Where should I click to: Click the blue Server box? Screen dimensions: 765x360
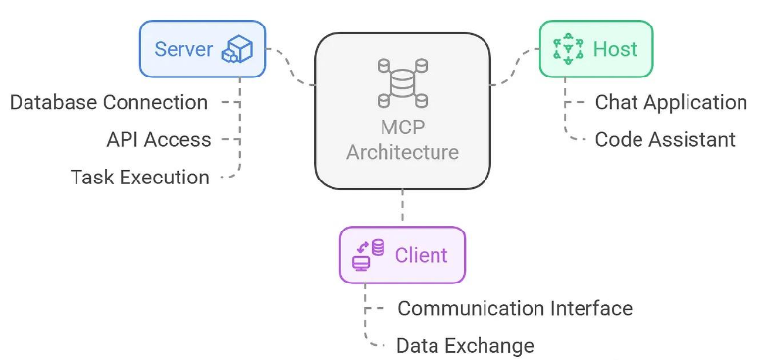point(202,49)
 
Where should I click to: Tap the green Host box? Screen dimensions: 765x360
point(595,49)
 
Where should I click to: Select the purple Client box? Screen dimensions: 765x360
point(402,255)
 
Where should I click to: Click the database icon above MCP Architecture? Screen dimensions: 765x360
point(402,83)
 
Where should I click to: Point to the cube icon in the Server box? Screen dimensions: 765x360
point(237,49)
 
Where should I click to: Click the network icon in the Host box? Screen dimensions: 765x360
point(569,49)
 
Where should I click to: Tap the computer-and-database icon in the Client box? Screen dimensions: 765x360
point(369,255)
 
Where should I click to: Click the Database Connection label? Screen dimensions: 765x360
point(109,102)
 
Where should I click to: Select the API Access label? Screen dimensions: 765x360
point(159,139)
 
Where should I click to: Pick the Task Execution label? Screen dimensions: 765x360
point(140,178)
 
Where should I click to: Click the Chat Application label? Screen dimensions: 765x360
point(671,102)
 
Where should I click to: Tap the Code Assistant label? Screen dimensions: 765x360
point(665,139)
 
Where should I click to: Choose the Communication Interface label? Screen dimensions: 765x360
point(515,308)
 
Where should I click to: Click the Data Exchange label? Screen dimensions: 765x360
point(465,346)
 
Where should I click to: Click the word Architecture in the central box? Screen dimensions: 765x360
point(402,152)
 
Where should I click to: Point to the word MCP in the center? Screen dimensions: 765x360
point(402,128)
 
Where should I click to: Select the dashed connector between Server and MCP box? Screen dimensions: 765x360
point(291,68)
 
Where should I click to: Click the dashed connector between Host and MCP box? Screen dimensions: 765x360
point(515,68)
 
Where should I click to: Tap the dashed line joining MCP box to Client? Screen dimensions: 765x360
point(402,208)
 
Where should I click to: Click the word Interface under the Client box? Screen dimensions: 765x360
point(591,308)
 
